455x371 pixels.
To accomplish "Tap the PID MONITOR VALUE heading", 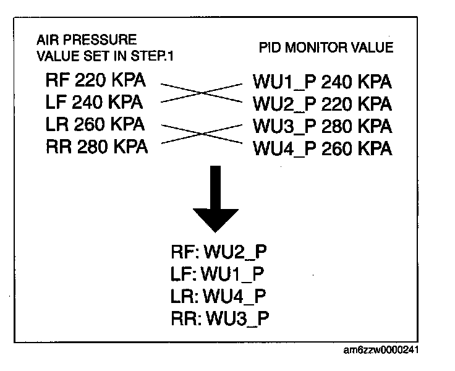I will [x=325, y=48].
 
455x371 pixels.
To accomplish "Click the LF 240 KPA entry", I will [x=95, y=102].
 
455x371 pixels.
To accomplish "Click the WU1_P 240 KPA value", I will [x=322, y=82].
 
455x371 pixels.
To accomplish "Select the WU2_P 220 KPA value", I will [x=322, y=104].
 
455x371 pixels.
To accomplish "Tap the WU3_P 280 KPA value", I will [x=322, y=126].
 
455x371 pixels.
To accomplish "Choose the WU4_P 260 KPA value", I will [x=322, y=148].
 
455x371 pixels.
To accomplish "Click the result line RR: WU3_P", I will [x=221, y=317].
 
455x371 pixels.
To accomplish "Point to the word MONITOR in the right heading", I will [x=328, y=48].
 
